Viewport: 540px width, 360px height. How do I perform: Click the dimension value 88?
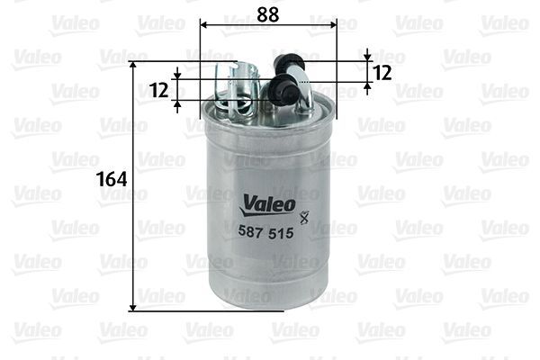coord(265,13)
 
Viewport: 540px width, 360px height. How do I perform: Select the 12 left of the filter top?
coord(160,89)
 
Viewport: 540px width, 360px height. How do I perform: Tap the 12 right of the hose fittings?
coord(382,72)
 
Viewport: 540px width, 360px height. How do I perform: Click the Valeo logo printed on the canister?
coord(266,205)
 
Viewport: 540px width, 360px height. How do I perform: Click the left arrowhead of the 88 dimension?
coord(202,24)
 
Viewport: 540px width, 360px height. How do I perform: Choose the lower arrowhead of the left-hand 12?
coord(178,103)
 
